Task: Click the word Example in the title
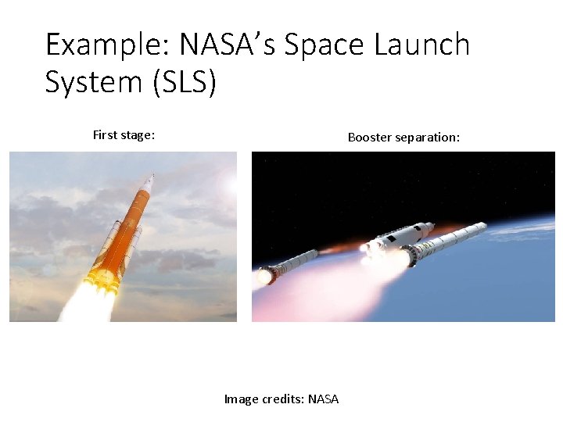tap(108, 45)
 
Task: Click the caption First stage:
tap(124, 134)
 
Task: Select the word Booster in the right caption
tap(370, 137)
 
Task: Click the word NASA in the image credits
tap(324, 399)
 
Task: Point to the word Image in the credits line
tap(241, 399)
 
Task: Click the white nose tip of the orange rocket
tap(152, 177)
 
